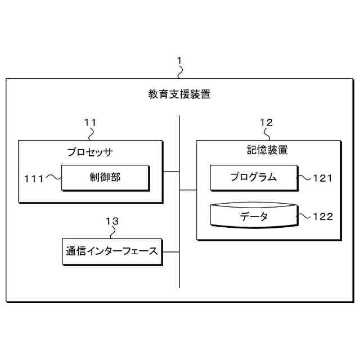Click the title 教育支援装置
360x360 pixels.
(x=179, y=94)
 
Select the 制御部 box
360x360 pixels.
(x=105, y=178)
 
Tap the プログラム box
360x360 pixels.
(x=253, y=178)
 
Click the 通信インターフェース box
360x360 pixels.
(x=110, y=251)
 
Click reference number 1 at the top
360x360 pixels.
(x=179, y=60)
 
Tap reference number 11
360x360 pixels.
(x=90, y=122)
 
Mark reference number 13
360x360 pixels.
(x=112, y=221)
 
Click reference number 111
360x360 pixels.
(x=34, y=178)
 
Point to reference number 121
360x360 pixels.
(x=323, y=178)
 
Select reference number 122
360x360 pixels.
(x=323, y=217)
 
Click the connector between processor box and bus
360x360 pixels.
(x=171, y=171)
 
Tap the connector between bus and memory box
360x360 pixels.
(x=188, y=190)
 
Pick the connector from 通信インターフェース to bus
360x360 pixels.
(x=170, y=251)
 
